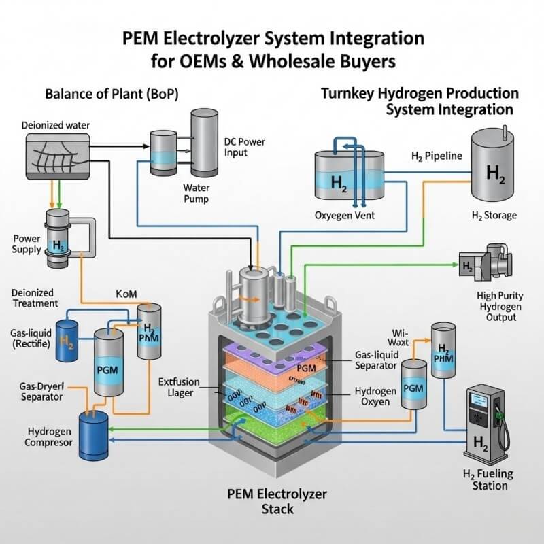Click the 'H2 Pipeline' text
437,156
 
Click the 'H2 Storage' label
494,216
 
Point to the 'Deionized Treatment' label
35,297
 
